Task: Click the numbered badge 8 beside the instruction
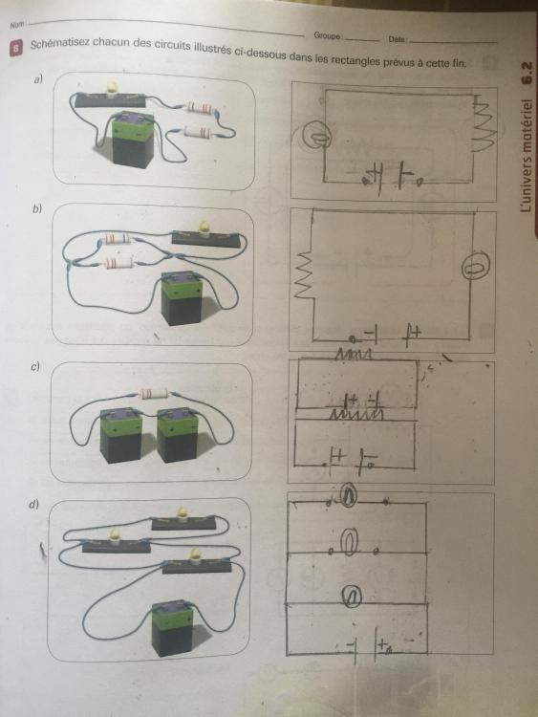tap(15, 48)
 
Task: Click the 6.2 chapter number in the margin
tap(527, 74)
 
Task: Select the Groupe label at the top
tap(327, 35)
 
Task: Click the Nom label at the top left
tap(17, 25)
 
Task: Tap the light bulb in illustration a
tap(111, 88)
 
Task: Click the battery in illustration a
tap(133, 140)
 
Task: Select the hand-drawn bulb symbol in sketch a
tap(317, 136)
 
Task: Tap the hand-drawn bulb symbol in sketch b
tap(475, 267)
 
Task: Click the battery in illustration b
tap(183, 298)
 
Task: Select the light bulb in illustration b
tap(204, 228)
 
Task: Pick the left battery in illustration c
tap(121, 435)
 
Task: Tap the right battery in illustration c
tap(178, 435)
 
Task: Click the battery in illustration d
tap(173, 628)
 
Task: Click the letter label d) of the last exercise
tap(33, 504)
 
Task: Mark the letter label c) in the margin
tap(35, 366)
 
